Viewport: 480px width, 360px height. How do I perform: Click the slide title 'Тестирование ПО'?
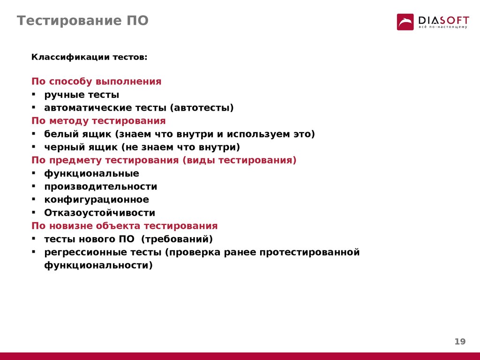(x=82, y=21)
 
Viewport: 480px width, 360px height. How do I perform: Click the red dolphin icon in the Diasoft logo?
(x=405, y=22)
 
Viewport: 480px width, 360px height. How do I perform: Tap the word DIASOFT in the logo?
(x=443, y=21)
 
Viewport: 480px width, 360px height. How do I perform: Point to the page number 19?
(x=460, y=341)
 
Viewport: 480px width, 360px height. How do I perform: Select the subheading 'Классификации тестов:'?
(x=90, y=57)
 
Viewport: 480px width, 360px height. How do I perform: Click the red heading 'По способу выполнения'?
(x=97, y=82)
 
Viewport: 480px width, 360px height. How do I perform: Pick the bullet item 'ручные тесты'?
(x=82, y=95)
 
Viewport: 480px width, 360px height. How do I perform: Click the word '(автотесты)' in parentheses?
(x=202, y=108)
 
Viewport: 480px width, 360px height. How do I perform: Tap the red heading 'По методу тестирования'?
(x=98, y=121)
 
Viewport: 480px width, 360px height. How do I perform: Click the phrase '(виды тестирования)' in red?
(x=240, y=160)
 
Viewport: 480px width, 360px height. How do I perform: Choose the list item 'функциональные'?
(x=92, y=173)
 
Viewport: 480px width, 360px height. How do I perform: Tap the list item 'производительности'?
(x=101, y=187)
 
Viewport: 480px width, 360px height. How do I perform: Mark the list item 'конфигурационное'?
(x=97, y=200)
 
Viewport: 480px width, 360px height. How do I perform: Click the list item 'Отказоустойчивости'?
(x=100, y=213)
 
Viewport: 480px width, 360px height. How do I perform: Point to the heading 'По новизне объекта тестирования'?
(x=125, y=226)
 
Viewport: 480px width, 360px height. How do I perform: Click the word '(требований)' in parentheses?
(x=177, y=239)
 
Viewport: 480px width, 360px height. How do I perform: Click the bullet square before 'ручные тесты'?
(x=34, y=94)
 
